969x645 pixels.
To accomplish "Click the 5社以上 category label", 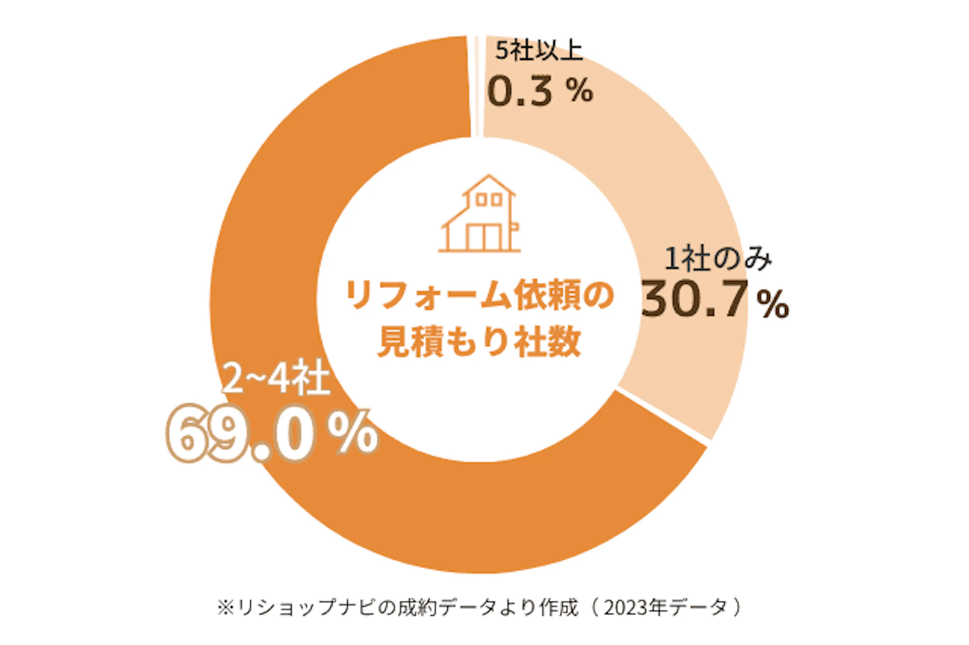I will [539, 51].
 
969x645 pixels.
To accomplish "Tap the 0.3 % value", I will [540, 91].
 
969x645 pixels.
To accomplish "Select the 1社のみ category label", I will [718, 259].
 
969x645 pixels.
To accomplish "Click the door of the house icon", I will [483, 237].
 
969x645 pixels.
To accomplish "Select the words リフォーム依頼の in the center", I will [479, 295].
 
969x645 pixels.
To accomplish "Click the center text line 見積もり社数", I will [479, 342].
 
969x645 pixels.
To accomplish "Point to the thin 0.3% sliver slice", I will [475, 86].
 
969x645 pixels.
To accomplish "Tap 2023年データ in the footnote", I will [666, 607].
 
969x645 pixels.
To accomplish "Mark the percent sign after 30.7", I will [772, 304].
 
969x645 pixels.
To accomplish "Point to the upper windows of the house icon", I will [489, 200].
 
